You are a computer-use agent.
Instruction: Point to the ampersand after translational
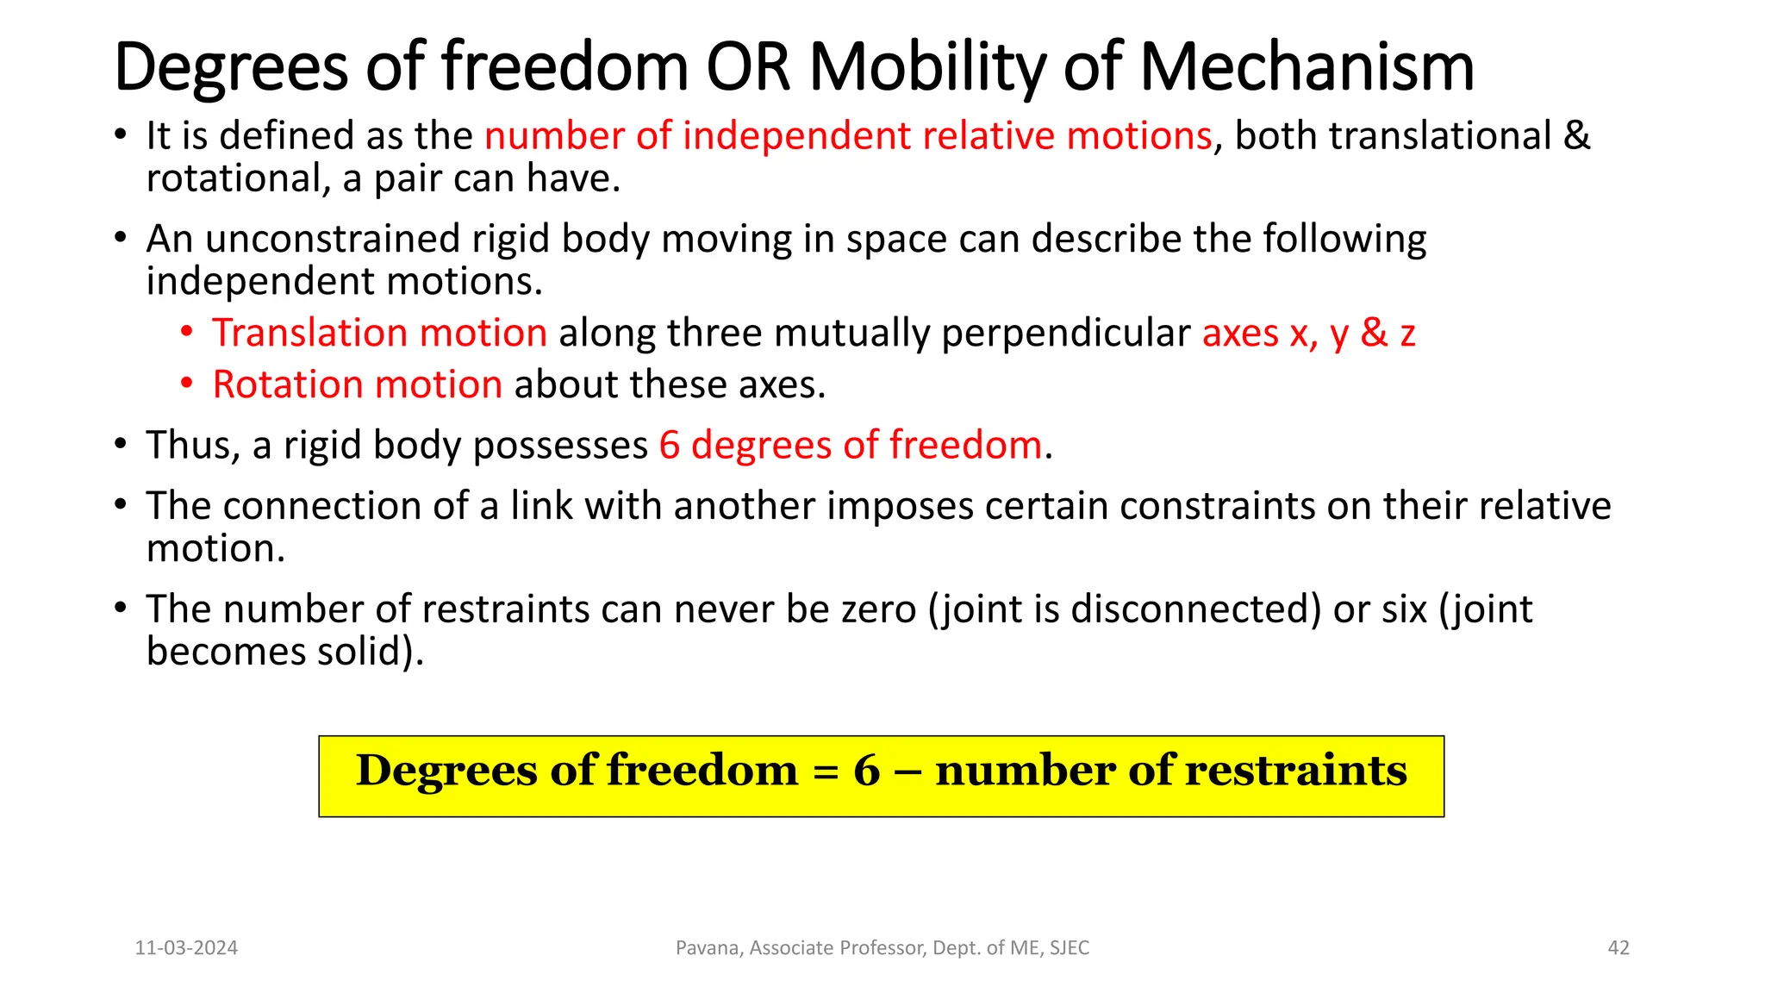pos(1577,136)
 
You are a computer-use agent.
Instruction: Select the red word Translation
pos(379,333)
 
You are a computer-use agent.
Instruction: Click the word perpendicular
pos(1066,333)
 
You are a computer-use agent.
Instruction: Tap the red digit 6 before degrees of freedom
pos(670,446)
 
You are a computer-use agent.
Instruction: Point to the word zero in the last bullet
pos(878,609)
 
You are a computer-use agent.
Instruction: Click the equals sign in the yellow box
pos(826,771)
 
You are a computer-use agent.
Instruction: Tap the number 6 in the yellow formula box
pos(867,770)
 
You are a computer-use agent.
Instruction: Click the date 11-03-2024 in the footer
pos(186,948)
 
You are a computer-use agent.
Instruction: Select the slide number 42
pos(1618,948)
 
